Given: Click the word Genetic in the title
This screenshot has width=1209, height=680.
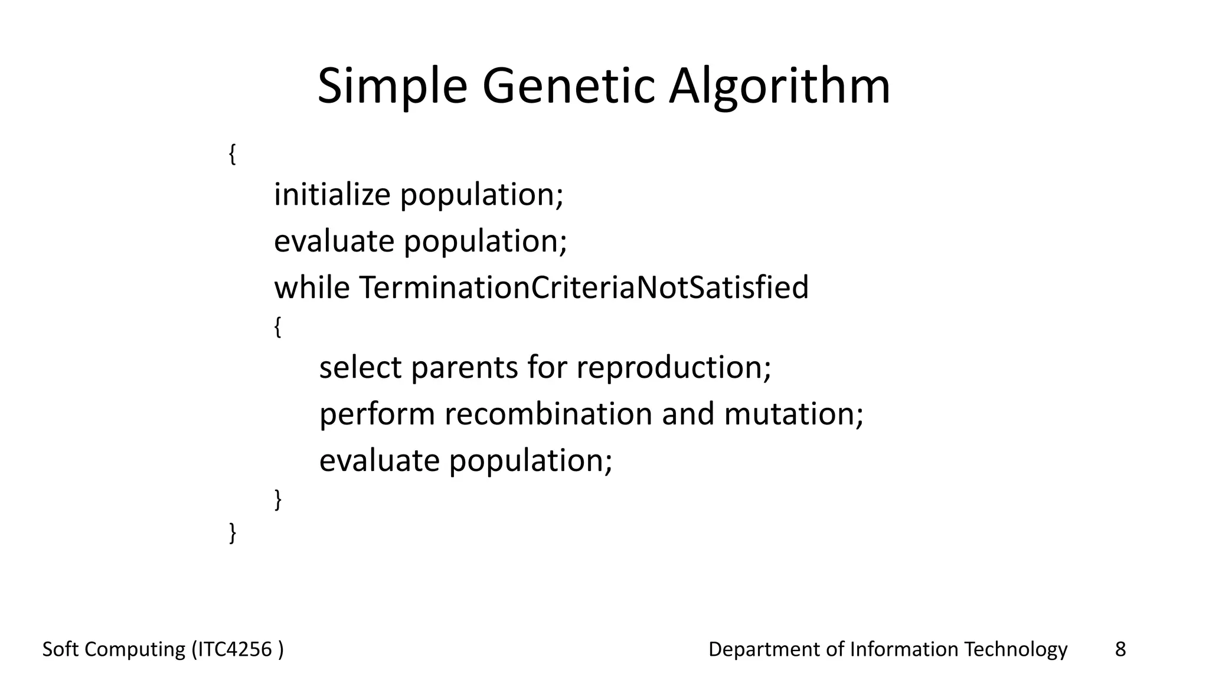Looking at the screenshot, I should (x=568, y=86).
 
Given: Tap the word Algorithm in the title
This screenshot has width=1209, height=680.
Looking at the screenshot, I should (x=779, y=87).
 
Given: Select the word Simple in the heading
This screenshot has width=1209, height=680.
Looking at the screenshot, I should (x=392, y=87).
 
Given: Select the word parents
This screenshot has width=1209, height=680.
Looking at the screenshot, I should (x=464, y=367).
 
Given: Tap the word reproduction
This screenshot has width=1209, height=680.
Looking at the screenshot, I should (x=673, y=367).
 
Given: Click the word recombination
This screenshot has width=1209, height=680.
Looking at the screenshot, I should (x=548, y=414).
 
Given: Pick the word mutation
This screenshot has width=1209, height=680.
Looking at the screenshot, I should (x=793, y=414).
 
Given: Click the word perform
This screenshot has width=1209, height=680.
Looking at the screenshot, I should (x=377, y=414).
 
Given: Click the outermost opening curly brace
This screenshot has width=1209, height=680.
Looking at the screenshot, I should (x=232, y=154).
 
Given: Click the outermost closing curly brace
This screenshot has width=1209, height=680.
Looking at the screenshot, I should (x=232, y=532).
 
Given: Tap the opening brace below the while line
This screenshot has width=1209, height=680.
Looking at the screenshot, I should (x=277, y=326).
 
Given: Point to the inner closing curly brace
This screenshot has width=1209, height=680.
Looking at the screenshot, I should (x=277, y=499).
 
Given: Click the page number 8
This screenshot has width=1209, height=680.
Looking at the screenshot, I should (x=1120, y=649).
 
